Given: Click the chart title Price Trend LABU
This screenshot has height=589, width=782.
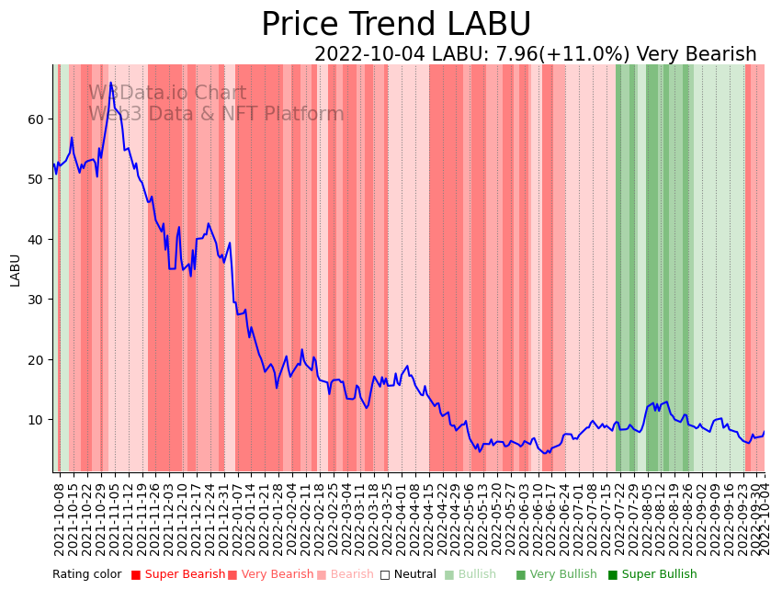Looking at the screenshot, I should (x=396, y=25).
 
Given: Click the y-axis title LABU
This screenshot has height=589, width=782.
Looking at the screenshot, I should (x=15, y=269).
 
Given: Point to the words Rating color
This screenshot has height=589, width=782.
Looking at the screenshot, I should (x=86, y=574).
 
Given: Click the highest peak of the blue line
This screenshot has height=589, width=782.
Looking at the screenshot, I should (x=111, y=83).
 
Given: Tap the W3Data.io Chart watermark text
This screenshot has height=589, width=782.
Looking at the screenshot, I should (x=167, y=94).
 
